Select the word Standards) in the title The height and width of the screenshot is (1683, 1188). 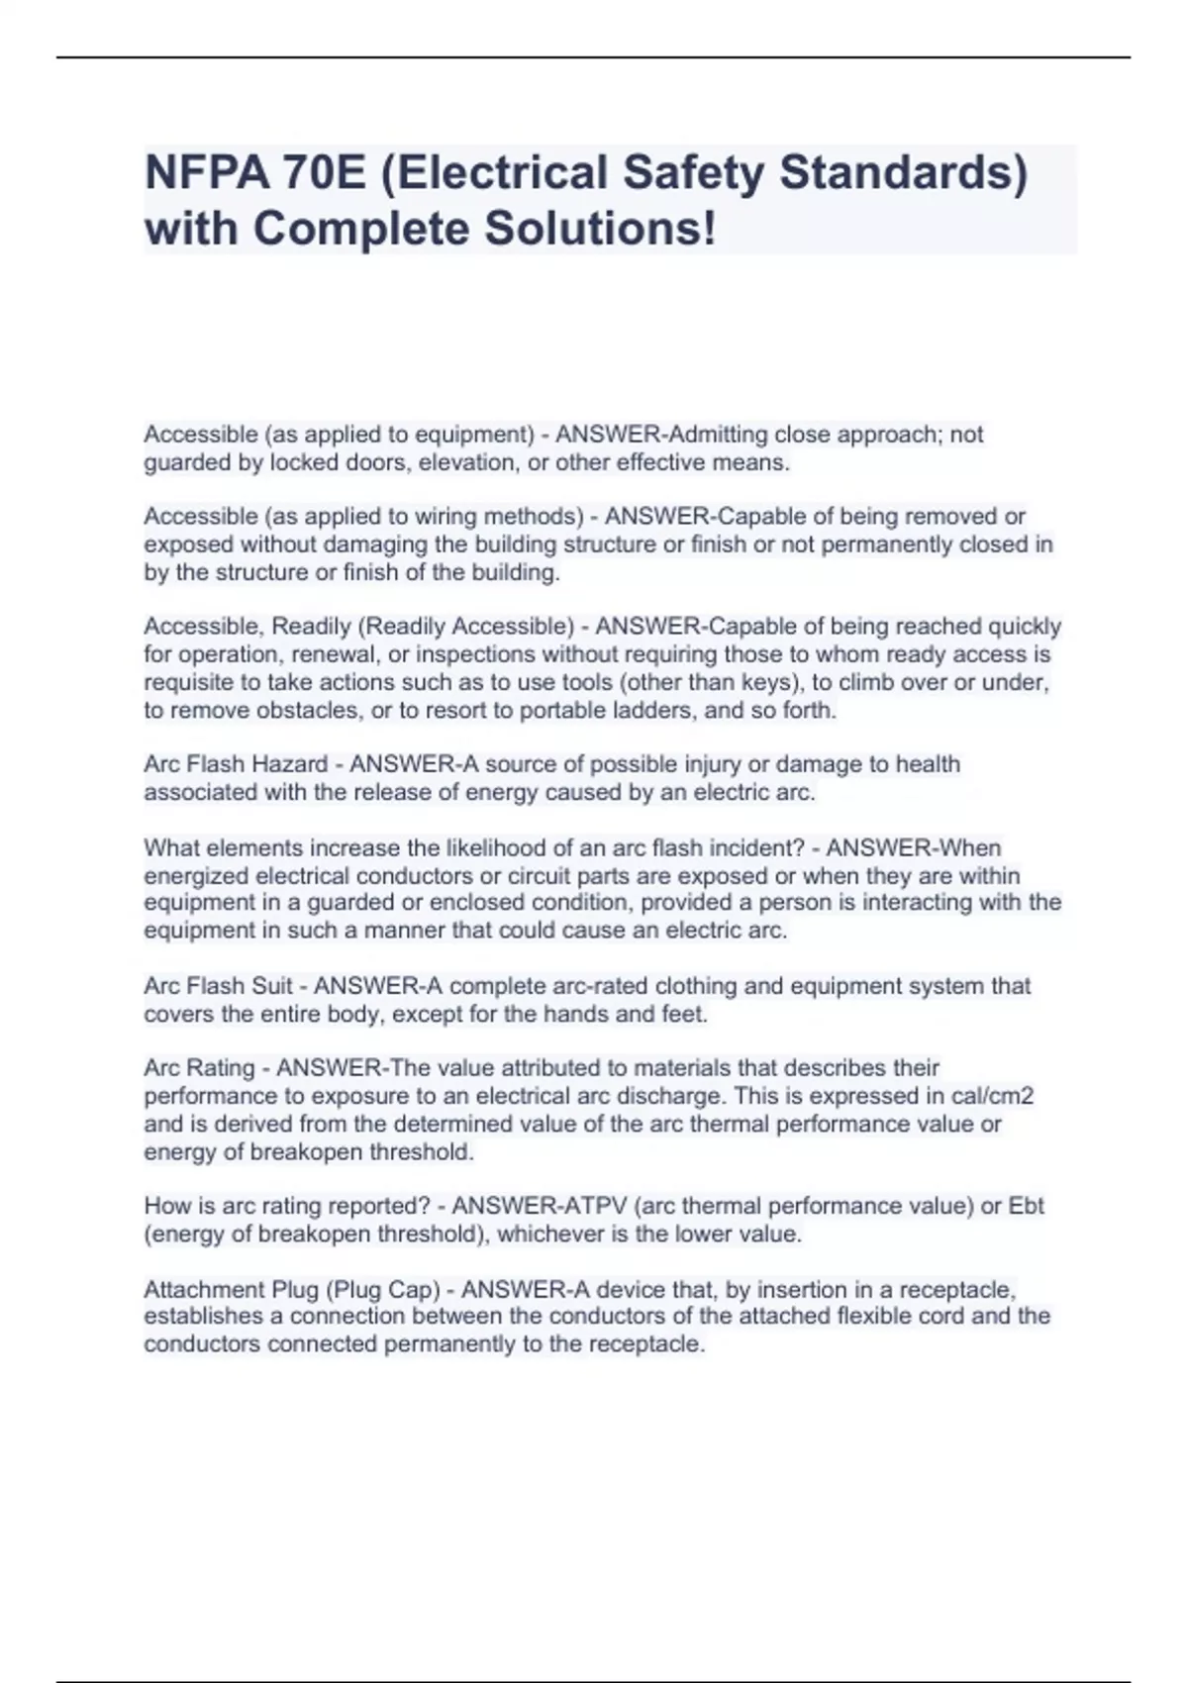903,172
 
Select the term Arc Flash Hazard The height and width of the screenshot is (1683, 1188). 236,764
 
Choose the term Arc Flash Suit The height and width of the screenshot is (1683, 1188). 219,986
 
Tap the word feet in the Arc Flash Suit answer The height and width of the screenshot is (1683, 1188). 682,1014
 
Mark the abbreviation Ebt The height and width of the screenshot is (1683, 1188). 1026,1206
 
